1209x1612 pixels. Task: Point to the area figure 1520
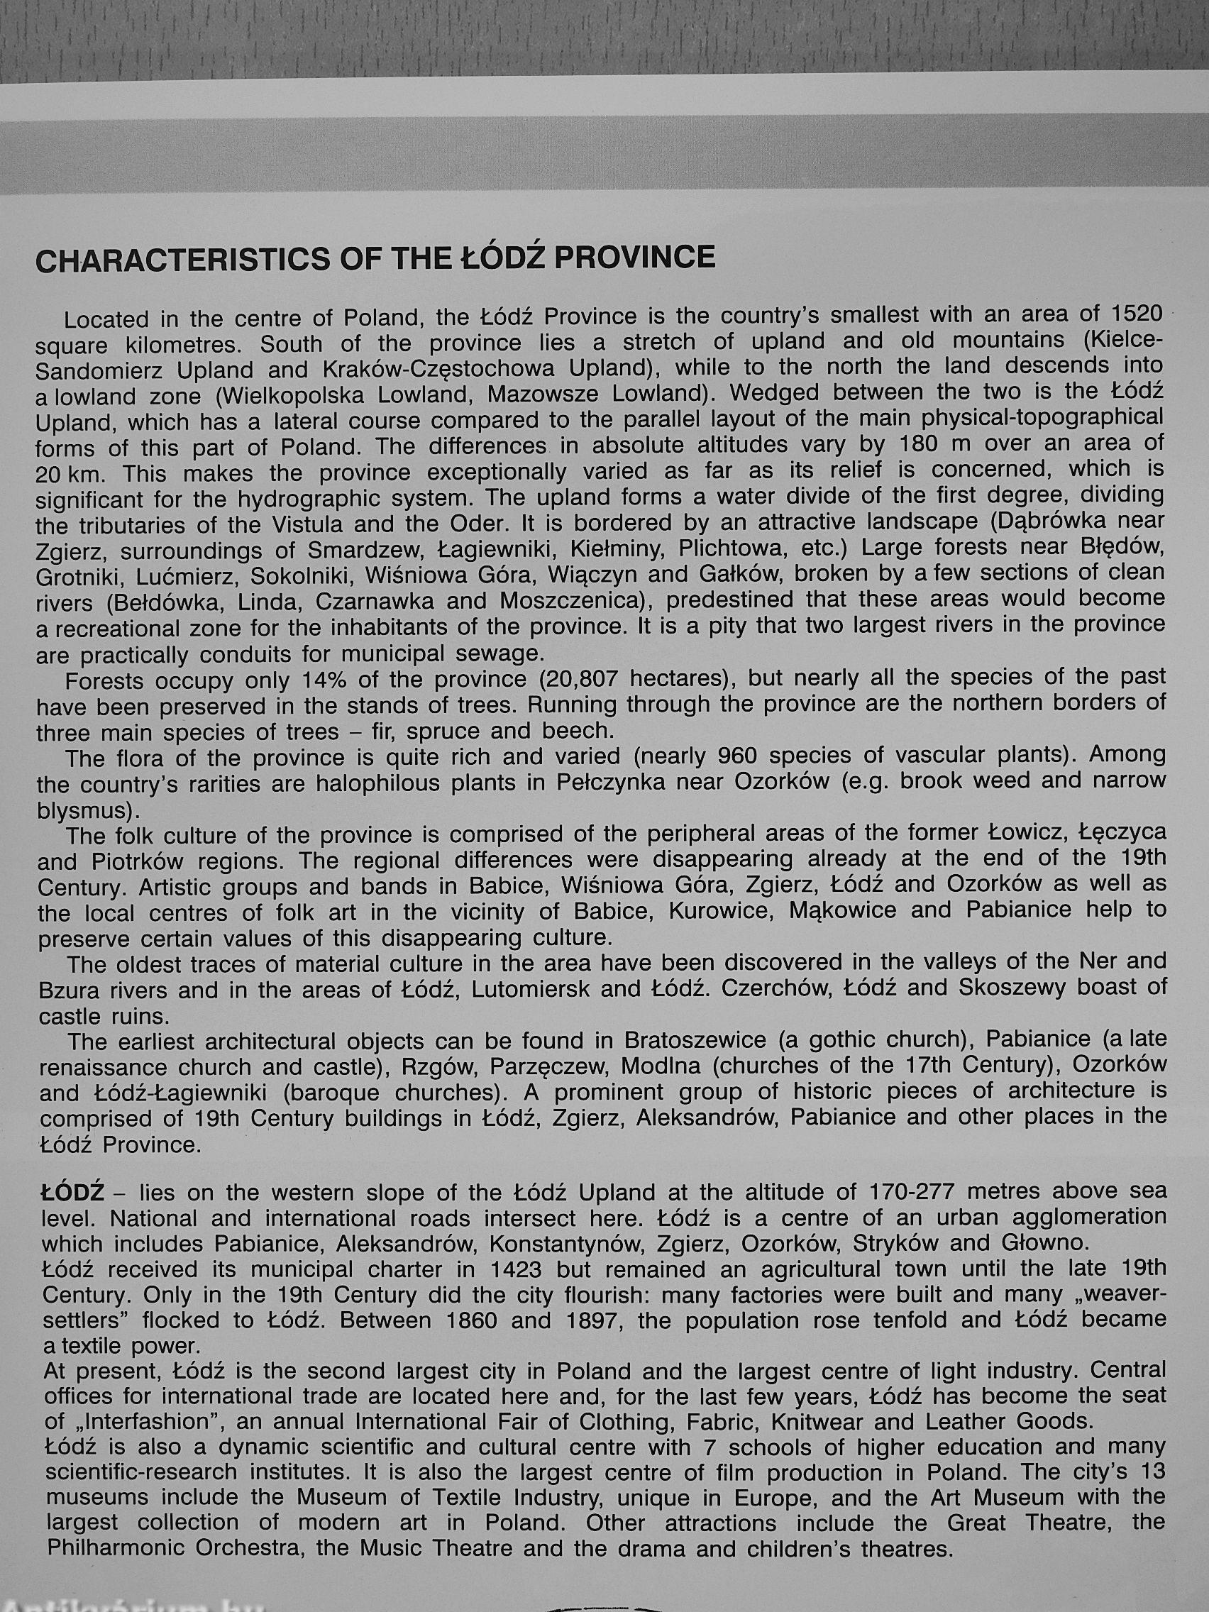[x=1130, y=314]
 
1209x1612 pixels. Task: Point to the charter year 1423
[x=516, y=1269]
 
